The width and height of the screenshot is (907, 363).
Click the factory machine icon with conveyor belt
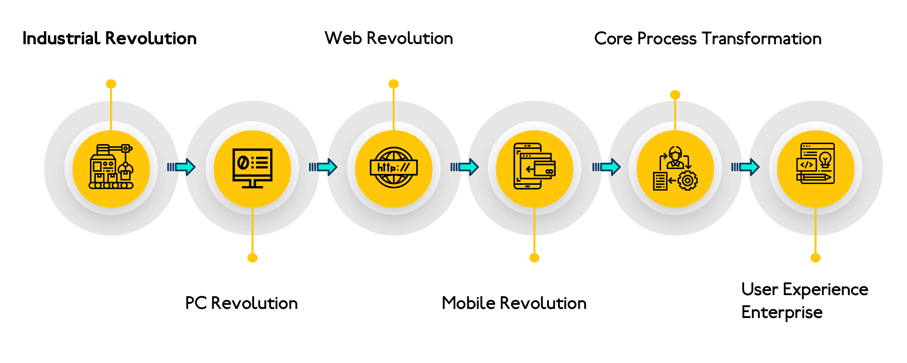(x=111, y=167)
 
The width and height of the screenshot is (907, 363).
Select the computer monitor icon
(x=252, y=168)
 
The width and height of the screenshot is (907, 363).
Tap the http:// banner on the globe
(x=394, y=168)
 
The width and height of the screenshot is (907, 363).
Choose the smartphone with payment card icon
(x=534, y=166)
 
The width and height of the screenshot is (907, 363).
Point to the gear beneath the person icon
(x=687, y=180)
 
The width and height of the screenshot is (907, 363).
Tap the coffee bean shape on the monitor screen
(x=242, y=162)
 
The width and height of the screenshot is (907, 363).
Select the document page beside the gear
(x=660, y=181)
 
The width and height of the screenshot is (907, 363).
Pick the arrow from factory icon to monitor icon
(x=182, y=167)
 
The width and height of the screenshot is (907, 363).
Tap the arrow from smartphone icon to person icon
(x=607, y=167)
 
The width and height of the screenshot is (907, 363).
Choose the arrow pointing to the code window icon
(x=746, y=167)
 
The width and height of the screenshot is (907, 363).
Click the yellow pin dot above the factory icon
(x=111, y=84)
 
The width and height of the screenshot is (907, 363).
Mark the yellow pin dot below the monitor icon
(x=253, y=258)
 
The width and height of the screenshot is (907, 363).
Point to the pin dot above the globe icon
(x=394, y=84)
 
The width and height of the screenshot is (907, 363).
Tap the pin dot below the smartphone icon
(x=534, y=258)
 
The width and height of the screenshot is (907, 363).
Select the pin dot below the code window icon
(x=816, y=258)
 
